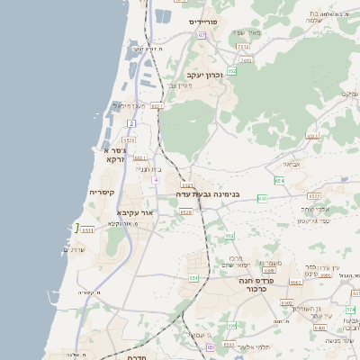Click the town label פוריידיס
pos(204,21)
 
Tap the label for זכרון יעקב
pos(205,76)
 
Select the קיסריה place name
pos(102,193)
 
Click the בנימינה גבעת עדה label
pos(202,193)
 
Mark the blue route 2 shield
pos(131,122)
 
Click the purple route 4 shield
pos(156,180)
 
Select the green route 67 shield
pos(202,35)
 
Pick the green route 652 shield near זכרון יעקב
pos(231,70)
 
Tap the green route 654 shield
pos(280,181)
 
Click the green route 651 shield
pos(193,277)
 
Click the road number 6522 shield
pos(315,195)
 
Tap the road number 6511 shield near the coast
pos(87,230)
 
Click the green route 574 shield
pos(351,310)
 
